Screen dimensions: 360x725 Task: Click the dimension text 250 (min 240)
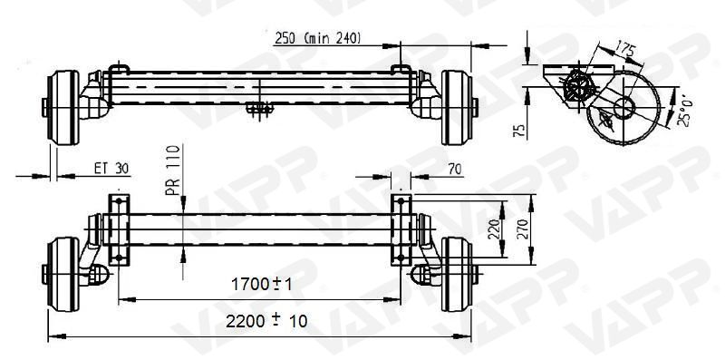click(x=317, y=37)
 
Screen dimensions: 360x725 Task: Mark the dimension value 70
click(x=455, y=168)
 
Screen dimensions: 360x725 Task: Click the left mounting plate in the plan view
click(x=118, y=229)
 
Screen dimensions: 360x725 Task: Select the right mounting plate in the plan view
click(x=401, y=229)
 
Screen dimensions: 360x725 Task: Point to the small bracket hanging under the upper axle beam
click(x=261, y=108)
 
